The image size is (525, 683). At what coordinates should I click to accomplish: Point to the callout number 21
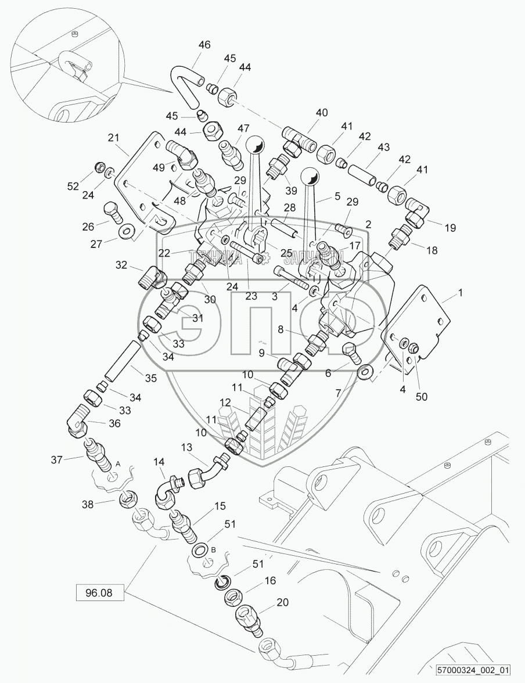coord(114,138)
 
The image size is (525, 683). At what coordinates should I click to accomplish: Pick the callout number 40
coord(321,113)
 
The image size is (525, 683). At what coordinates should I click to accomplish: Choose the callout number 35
coord(151,379)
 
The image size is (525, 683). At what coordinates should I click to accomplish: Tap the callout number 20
coord(282,602)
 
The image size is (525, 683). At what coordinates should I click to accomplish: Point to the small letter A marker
coord(118,463)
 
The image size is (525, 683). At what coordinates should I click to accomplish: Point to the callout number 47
coord(242,128)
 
